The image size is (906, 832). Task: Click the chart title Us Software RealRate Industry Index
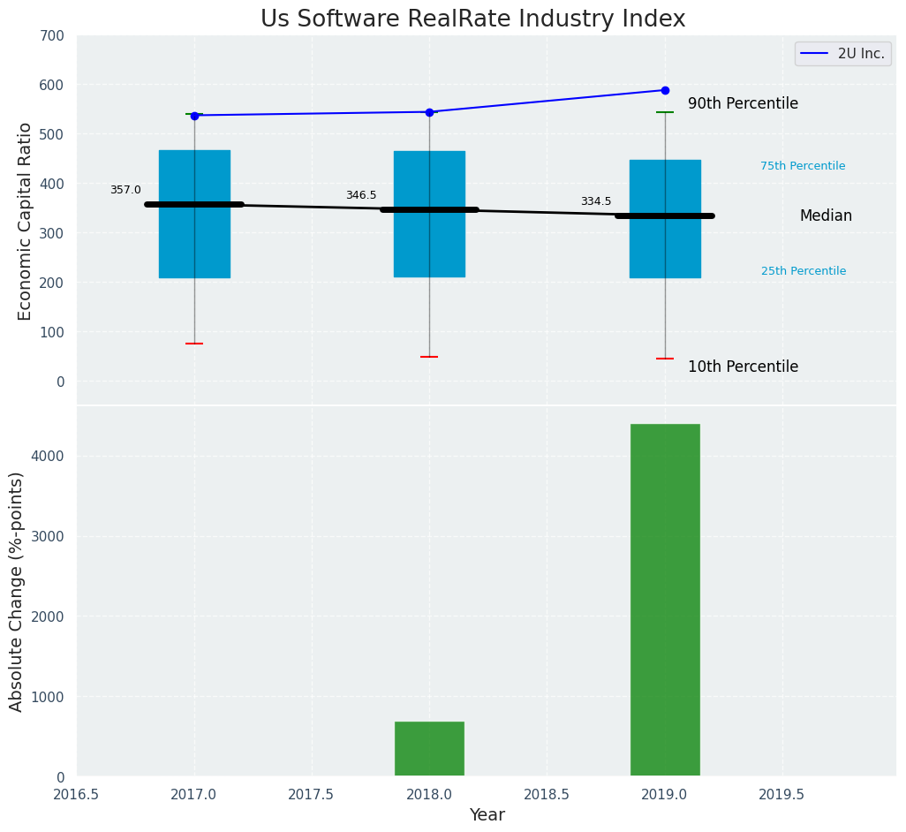click(472, 19)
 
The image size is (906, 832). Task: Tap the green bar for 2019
click(665, 600)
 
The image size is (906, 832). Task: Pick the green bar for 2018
click(429, 748)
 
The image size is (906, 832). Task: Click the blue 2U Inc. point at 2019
click(665, 90)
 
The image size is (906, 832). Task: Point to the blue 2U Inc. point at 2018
click(429, 112)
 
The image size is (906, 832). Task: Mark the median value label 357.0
click(125, 190)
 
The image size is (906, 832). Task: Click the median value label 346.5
click(361, 195)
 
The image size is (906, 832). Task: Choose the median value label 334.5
click(596, 201)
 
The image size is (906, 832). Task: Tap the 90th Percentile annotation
click(743, 103)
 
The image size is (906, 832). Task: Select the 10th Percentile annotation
click(743, 367)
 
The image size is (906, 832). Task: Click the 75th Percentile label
click(803, 166)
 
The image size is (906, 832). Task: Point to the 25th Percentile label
click(804, 271)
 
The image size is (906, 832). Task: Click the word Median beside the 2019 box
click(826, 216)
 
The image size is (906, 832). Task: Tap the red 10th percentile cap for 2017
click(194, 344)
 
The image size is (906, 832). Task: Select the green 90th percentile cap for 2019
click(665, 112)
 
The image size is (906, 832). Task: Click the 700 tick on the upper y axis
click(52, 35)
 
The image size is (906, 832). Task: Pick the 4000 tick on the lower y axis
click(47, 456)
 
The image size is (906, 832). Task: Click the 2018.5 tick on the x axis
click(547, 794)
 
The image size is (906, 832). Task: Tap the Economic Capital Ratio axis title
click(26, 221)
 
